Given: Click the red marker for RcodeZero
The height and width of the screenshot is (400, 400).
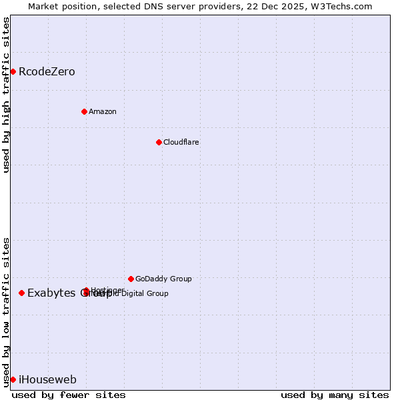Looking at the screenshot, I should point(13,71).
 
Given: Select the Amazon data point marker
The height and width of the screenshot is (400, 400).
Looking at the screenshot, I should point(84,111).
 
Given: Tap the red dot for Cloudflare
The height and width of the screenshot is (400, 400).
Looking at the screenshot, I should point(159,142).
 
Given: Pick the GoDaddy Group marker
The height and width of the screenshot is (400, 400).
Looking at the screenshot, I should point(131,279).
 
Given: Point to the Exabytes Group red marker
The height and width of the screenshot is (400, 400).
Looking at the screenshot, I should point(22,293).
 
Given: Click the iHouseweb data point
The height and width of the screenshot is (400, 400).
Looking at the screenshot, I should point(13,379).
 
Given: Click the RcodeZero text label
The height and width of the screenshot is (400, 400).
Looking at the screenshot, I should point(47,71).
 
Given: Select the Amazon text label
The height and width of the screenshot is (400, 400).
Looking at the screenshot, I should point(102,111).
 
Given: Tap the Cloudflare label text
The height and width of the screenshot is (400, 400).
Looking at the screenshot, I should point(181,142).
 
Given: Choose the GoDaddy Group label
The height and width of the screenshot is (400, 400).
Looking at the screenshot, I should point(163,279).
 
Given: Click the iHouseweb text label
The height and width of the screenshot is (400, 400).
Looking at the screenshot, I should point(47,379).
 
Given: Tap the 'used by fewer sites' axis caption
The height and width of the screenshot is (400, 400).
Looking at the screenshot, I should point(69,395).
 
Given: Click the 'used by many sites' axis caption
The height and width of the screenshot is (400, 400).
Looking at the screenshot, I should point(335,395).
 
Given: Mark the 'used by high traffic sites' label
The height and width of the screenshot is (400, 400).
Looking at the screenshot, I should point(6,95).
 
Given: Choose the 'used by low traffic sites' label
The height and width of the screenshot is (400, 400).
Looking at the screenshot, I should point(6,311).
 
